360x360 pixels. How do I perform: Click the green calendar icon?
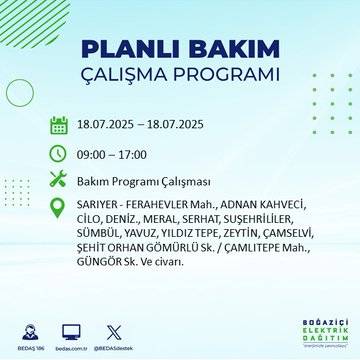59,125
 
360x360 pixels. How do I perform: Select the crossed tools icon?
59,181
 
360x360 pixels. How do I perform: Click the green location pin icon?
59,209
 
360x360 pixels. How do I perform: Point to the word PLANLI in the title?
125,51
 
